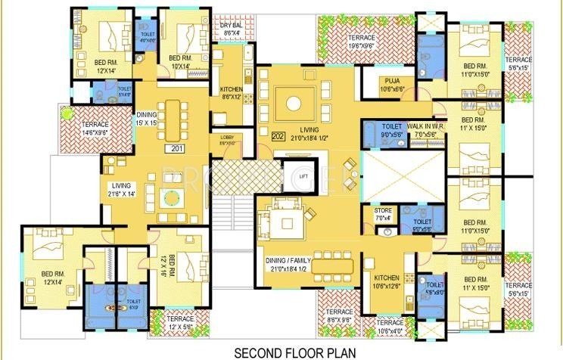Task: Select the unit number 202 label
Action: click(x=277, y=137)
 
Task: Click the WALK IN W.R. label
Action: click(x=425, y=130)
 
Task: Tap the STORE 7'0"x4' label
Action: click(x=383, y=215)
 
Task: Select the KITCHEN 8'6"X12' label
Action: click(x=231, y=94)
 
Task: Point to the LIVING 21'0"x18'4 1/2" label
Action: click(x=304, y=135)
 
